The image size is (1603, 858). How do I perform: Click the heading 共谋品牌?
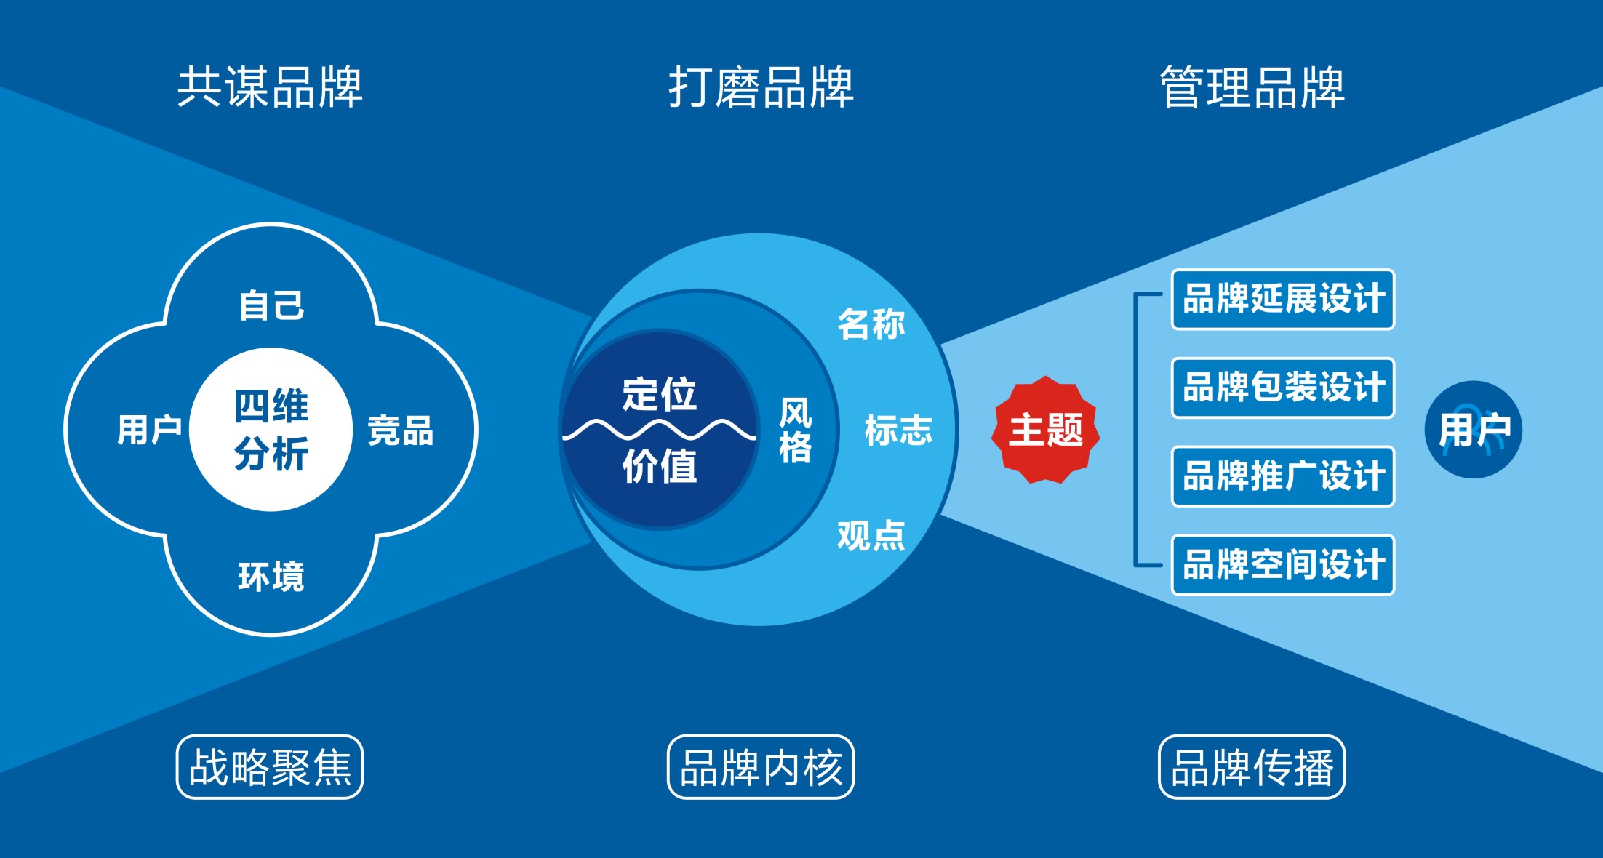[x=270, y=87]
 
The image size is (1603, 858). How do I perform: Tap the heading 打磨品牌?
[x=761, y=87]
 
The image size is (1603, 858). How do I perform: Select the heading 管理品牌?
[x=1252, y=87]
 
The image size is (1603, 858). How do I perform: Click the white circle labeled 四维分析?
[x=271, y=430]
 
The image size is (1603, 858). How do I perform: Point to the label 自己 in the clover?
[x=271, y=305]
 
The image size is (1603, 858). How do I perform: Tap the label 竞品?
[x=400, y=430]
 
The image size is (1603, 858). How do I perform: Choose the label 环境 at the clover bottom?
[x=271, y=577]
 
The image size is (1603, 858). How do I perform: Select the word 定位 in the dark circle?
[x=659, y=394]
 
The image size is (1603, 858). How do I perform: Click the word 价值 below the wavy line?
[x=659, y=466]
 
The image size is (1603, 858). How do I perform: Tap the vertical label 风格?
[x=795, y=430]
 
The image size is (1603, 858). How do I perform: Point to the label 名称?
[x=871, y=324]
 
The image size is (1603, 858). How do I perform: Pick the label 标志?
[x=898, y=430]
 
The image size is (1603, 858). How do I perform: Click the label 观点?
[x=871, y=536]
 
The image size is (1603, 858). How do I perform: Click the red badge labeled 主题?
[x=1045, y=430]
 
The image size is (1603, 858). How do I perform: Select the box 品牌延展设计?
[x=1283, y=300]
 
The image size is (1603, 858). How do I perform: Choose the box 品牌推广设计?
[x=1283, y=476]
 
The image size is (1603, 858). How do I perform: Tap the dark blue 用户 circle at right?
[x=1473, y=430]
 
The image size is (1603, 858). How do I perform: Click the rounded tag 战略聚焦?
[x=270, y=767]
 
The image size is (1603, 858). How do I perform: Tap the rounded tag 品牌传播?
[x=1252, y=767]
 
